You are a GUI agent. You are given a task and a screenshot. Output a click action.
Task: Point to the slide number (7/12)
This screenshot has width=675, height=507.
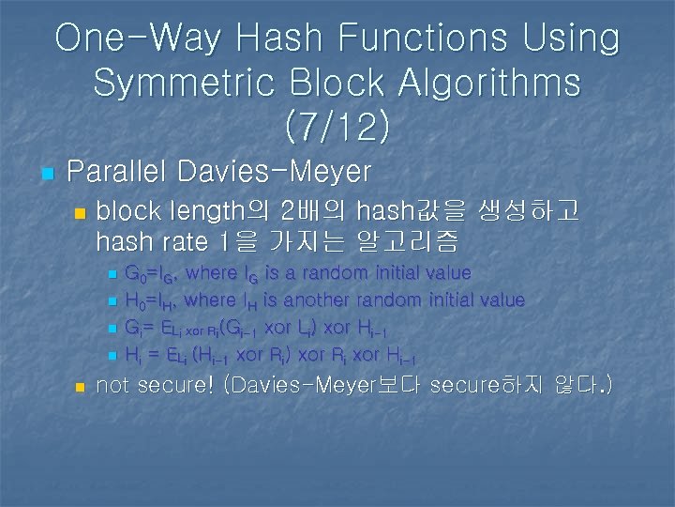(x=337, y=127)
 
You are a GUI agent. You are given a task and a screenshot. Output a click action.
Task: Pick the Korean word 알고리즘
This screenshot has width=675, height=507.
(x=409, y=242)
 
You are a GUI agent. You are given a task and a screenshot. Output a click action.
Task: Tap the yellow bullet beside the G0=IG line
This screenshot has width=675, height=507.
(x=112, y=275)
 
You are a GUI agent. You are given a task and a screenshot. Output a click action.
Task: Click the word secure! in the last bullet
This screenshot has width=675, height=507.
(x=180, y=385)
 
